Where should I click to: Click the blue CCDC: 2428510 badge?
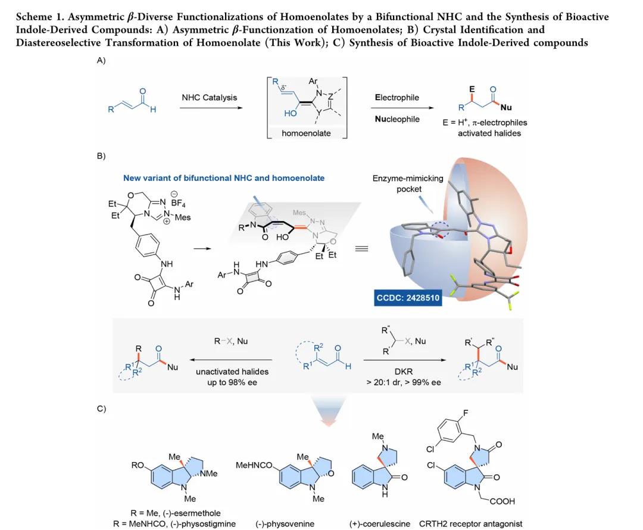tap(408, 297)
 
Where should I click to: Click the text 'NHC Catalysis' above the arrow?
tap(209, 97)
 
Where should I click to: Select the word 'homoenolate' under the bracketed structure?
tap(306, 133)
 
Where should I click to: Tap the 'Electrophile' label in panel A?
tap(397, 97)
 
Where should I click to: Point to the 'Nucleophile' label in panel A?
tap(397, 119)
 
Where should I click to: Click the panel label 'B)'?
tap(101, 156)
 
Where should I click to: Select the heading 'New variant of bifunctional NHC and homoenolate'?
tap(224, 177)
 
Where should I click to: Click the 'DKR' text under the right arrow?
tap(403, 371)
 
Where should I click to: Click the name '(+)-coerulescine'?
tap(380, 523)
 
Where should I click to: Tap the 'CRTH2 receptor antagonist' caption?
tap(470, 523)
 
